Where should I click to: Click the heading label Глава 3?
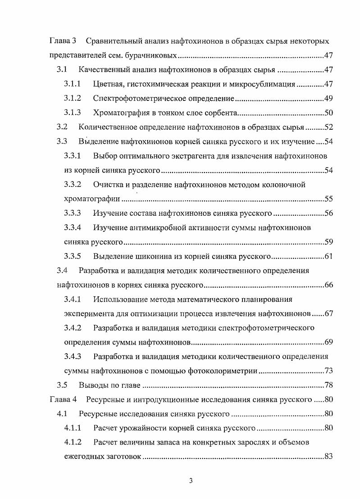click(x=63, y=41)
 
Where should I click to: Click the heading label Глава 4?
click(x=63, y=399)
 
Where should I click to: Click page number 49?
click(x=328, y=99)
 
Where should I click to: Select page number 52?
click(x=328, y=127)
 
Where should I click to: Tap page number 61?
click(x=328, y=257)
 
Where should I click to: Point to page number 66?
click(x=328, y=285)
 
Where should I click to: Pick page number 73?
click(x=328, y=371)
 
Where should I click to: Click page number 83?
click(x=328, y=457)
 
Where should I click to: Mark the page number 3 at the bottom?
click(x=191, y=481)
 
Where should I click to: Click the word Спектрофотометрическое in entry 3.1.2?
click(x=136, y=99)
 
